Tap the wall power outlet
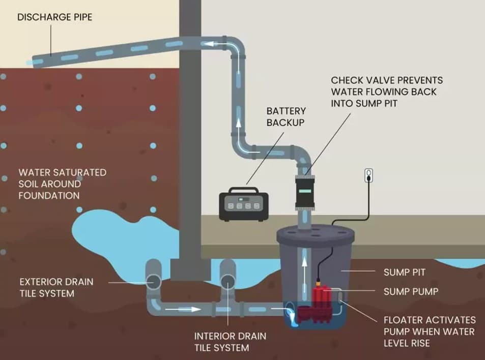369,176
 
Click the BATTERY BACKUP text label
286,116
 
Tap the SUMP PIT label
405,273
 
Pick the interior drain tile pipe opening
227,281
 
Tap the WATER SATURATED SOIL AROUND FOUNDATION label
62,184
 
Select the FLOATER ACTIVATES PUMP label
430,332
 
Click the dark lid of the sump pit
315,235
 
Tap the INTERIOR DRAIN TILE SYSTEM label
230,342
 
